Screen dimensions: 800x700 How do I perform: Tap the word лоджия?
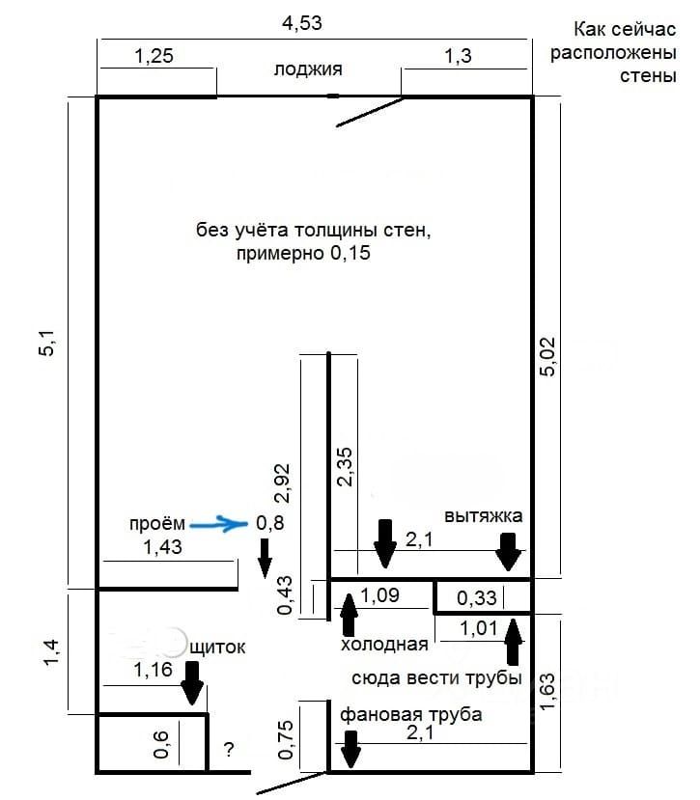308,69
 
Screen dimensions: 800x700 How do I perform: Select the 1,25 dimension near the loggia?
154,57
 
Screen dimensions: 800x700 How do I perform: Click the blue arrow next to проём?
220,524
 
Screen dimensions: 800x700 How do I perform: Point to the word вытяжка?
483,515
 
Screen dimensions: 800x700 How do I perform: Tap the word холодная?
383,644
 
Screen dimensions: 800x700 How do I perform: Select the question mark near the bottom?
229,749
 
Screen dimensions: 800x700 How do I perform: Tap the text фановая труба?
410,715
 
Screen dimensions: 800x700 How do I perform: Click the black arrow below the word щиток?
192,686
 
